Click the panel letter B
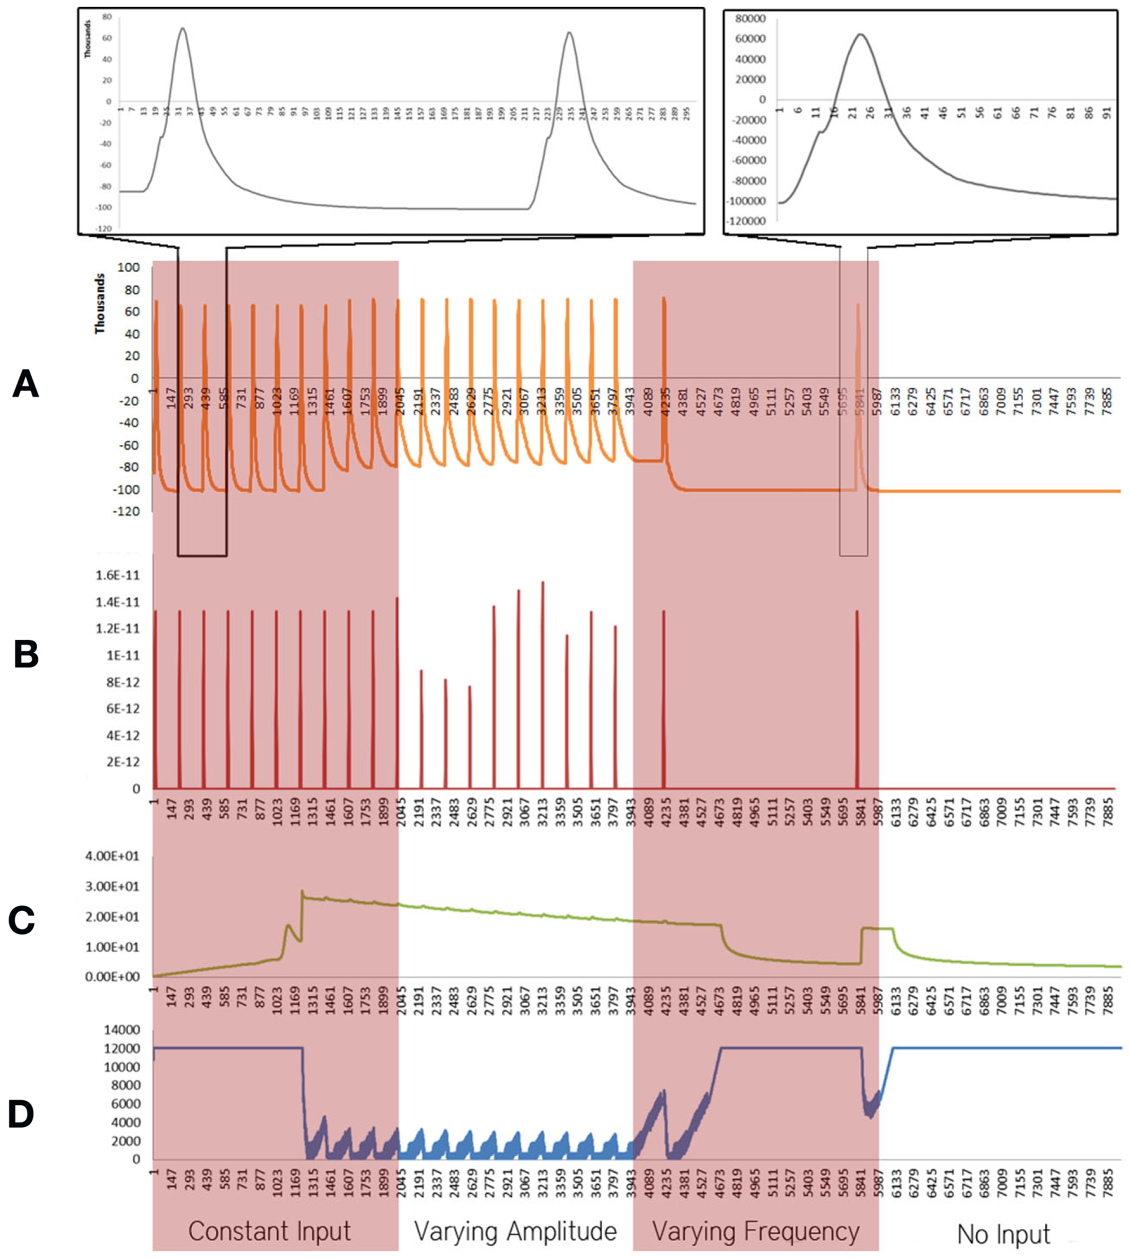[25, 654]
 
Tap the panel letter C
[21, 920]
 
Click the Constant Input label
[269, 1231]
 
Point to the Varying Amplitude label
[515, 1231]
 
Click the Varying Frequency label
[755, 1231]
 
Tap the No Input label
[1003, 1234]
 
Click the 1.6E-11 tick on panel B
[118, 575]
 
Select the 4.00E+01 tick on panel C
[112, 856]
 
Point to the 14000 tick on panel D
[122, 1030]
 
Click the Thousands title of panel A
[99, 304]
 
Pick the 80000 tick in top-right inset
[749, 18]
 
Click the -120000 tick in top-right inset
[745, 221]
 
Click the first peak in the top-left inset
[182, 29]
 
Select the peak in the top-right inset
[860, 34]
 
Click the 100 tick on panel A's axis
[129, 268]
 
